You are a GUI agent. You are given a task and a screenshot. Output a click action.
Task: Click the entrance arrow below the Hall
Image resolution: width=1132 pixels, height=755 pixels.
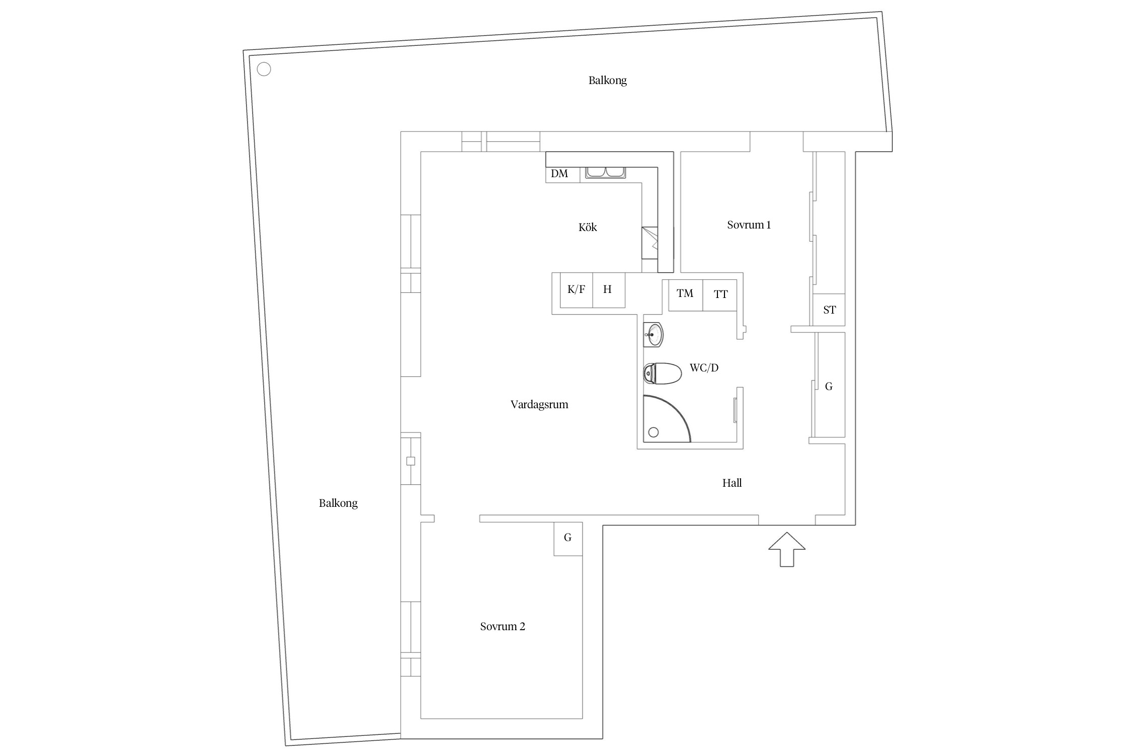click(786, 549)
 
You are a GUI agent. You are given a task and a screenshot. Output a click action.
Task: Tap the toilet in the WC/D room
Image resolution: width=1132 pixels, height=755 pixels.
click(663, 373)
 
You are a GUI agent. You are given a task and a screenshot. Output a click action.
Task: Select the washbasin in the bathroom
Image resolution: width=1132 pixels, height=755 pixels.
click(654, 334)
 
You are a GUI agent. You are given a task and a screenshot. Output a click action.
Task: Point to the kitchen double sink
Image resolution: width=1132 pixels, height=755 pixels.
click(605, 172)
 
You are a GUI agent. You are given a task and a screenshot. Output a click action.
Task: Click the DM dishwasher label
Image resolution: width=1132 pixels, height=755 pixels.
click(559, 174)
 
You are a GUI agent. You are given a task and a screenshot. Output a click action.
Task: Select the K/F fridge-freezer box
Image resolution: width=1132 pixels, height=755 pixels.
click(577, 290)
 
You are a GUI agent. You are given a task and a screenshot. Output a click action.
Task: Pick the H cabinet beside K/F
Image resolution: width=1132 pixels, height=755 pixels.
click(608, 290)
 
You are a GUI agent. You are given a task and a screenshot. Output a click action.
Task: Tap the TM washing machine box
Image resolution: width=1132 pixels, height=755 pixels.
click(685, 294)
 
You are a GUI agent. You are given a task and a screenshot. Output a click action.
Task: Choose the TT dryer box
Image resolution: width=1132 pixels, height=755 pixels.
click(720, 294)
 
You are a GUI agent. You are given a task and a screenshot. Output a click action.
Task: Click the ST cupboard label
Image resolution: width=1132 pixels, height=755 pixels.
click(829, 310)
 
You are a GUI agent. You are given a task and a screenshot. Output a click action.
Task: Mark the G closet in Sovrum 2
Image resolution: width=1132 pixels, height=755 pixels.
click(568, 538)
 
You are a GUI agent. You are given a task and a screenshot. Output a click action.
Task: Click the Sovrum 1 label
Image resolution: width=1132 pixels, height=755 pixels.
click(749, 225)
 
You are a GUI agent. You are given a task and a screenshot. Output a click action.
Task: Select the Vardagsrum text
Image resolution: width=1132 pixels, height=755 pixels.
click(539, 405)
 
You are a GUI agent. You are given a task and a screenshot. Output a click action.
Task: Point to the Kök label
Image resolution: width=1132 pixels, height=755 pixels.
click(588, 228)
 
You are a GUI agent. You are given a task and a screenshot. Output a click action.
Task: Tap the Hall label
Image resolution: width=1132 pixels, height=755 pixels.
click(732, 483)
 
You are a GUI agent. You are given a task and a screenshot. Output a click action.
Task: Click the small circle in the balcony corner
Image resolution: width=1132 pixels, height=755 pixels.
click(264, 69)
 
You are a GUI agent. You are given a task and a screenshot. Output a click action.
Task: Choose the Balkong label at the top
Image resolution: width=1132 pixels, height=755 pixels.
click(608, 81)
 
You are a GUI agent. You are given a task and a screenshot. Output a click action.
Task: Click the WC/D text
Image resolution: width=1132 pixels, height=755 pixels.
click(704, 368)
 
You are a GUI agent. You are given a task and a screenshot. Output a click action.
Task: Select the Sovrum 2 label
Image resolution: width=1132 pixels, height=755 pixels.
click(503, 627)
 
